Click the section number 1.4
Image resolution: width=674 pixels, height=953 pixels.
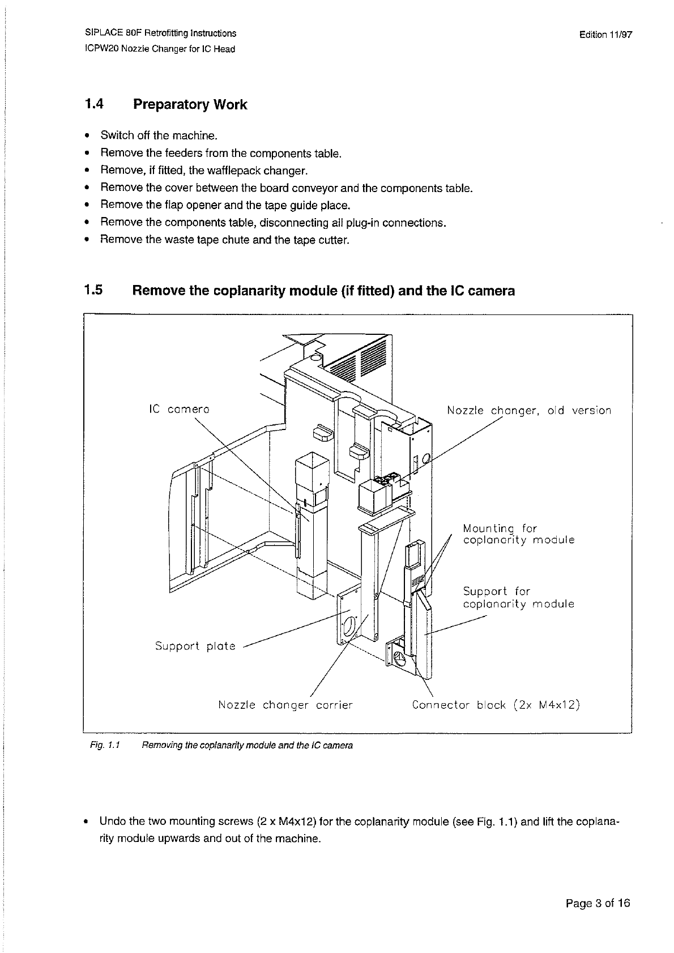point(94,104)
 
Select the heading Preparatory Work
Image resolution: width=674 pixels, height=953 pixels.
point(190,105)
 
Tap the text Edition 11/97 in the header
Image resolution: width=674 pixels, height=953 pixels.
point(605,34)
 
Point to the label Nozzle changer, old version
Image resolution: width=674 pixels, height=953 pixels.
point(528,410)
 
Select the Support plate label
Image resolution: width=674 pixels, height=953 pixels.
point(195,646)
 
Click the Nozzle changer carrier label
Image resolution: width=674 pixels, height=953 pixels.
point(285,705)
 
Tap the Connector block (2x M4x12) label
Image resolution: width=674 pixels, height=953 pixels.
point(496,705)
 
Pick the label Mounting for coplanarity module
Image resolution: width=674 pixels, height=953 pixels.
point(518,534)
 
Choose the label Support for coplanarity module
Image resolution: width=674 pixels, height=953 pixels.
point(518,597)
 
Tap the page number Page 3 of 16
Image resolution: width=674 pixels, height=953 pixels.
point(598,903)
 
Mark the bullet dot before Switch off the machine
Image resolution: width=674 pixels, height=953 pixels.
point(87,136)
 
